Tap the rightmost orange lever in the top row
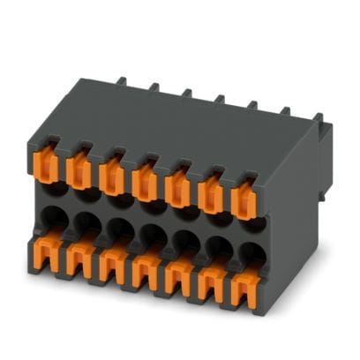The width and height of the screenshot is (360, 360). pos(244,196)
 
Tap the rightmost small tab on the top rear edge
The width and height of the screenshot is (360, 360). pos(285,112)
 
